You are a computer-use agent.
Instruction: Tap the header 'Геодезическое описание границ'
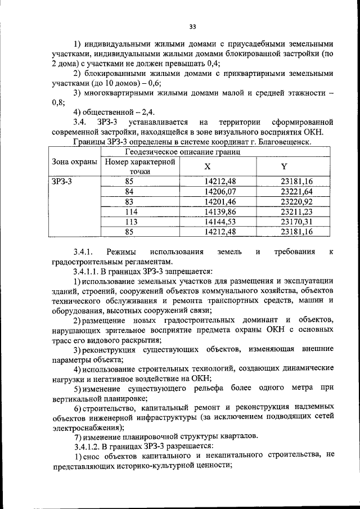coord(183,151)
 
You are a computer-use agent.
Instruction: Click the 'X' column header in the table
coord(207,166)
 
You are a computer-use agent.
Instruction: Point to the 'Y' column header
coord(283,166)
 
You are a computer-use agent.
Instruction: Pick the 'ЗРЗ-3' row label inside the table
coord(62,181)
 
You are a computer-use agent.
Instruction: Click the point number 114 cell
coord(131,211)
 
